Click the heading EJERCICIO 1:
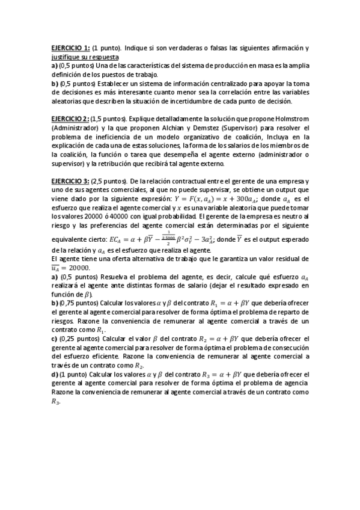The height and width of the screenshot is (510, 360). (70, 48)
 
